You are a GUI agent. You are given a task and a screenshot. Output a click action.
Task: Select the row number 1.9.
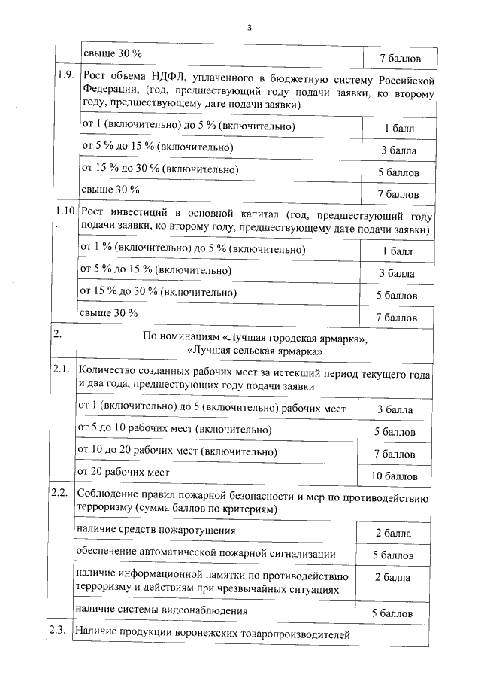[x=65, y=75]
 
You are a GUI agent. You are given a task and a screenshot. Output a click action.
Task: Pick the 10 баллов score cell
[x=395, y=476]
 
